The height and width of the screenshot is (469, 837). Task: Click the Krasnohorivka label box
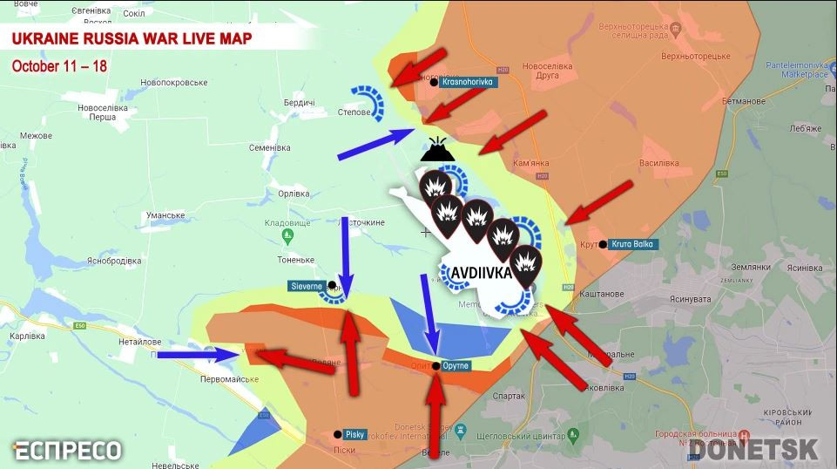[x=468, y=82]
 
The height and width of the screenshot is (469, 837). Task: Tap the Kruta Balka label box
[x=631, y=244]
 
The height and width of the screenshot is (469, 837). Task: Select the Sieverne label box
[x=307, y=286]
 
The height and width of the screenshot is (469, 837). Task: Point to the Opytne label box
[x=456, y=364]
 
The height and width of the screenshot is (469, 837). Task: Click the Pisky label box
[x=354, y=433]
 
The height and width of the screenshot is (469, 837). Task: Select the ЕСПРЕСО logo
[x=67, y=450]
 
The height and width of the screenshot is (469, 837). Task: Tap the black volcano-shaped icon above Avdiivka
[x=439, y=152]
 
